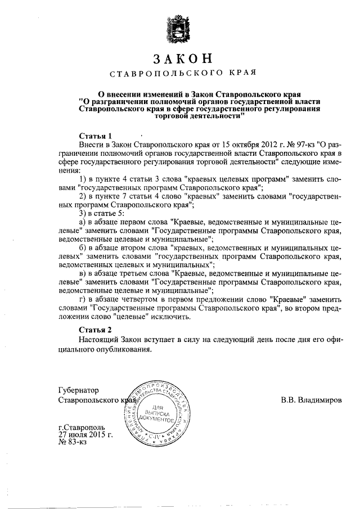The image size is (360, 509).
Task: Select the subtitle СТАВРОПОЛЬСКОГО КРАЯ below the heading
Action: click(x=183, y=74)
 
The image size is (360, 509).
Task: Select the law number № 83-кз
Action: click(x=72, y=443)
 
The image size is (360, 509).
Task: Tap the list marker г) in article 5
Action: click(x=82, y=299)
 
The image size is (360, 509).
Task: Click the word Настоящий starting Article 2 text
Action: click(x=100, y=340)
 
